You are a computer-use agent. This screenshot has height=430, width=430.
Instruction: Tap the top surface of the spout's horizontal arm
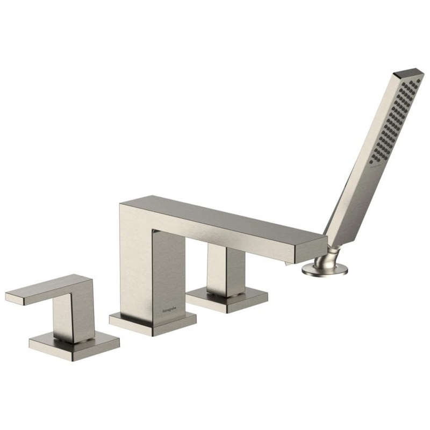pyautogui.click(x=226, y=218)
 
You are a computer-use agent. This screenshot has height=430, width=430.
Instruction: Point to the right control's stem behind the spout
pyautogui.click(x=226, y=271)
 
